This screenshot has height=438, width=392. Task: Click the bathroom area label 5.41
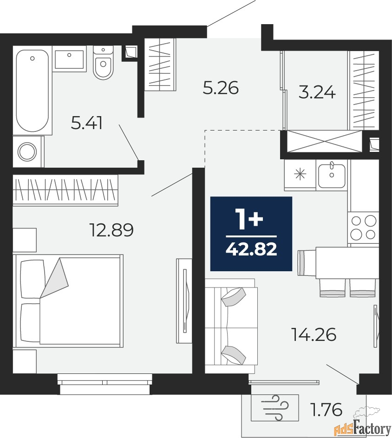pos(86,123)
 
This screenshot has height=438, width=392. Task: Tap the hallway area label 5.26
pos(221,88)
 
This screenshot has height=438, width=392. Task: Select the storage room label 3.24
pos(317,92)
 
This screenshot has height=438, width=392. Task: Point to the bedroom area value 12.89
pos(111,230)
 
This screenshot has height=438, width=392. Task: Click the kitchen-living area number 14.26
pos(314,334)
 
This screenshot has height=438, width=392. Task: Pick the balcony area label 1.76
pos(327,410)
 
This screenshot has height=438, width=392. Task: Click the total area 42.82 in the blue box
pos(251,249)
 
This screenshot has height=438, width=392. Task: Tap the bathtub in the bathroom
pos(33,91)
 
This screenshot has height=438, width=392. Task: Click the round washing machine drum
pos(27,152)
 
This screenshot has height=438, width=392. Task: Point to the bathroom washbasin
pos(69,59)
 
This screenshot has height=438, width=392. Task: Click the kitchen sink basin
pos(332,176)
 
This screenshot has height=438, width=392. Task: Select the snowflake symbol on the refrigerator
pos(300,175)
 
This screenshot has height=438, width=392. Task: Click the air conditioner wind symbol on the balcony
pos(275,407)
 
